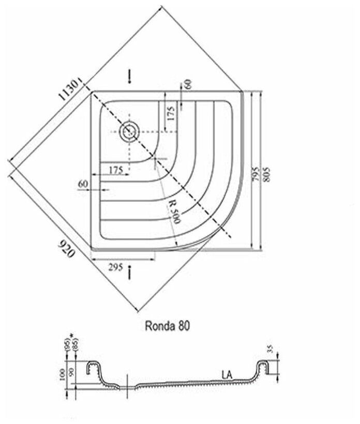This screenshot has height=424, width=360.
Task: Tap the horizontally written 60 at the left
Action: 83,184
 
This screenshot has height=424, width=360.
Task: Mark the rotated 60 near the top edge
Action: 187,84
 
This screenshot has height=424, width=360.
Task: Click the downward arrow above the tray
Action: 129,77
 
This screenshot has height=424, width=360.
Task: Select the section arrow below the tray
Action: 129,271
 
